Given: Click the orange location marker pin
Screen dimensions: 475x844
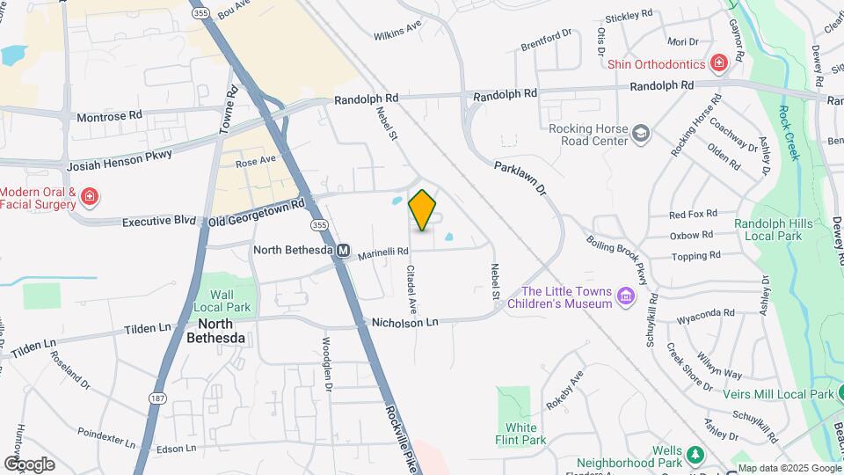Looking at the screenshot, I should (422, 210).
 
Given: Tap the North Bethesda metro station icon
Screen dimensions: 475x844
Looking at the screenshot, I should (344, 251).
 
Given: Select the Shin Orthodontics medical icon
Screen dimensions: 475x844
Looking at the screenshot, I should (719, 63).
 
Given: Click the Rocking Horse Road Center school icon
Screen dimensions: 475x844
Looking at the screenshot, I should (642, 133).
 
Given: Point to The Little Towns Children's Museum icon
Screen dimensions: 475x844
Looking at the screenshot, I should (626, 296).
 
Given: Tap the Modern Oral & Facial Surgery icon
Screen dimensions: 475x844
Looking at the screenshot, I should (89, 197).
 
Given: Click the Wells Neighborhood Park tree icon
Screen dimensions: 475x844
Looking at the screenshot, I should (695, 455).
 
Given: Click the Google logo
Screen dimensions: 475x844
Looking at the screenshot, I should (29, 464).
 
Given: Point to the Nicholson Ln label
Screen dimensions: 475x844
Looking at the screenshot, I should (404, 323).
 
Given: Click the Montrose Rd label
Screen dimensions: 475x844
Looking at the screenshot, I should (110, 115).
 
